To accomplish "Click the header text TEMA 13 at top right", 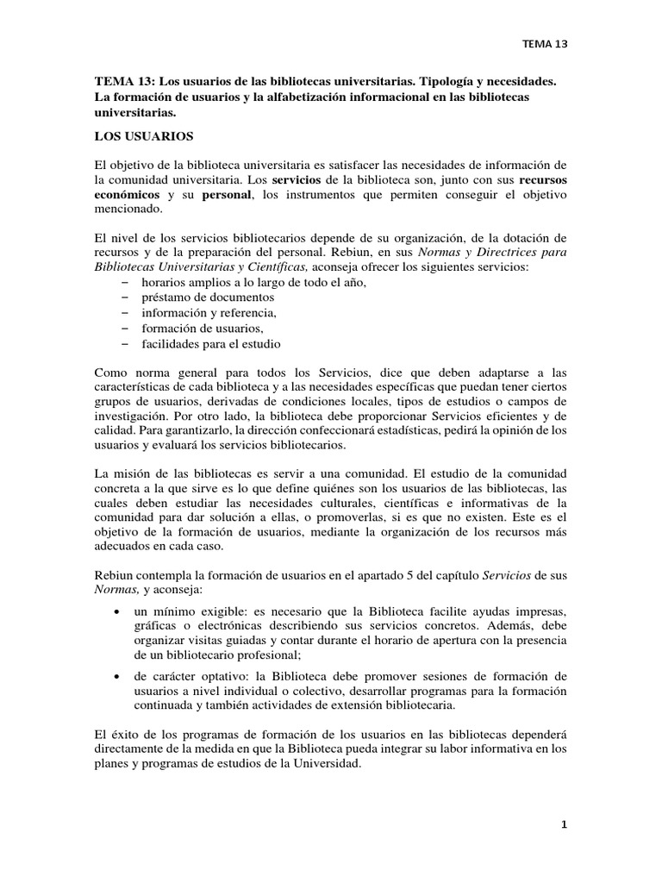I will [546, 41].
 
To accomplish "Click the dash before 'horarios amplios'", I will [126, 283].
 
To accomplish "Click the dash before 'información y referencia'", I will [126, 313].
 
